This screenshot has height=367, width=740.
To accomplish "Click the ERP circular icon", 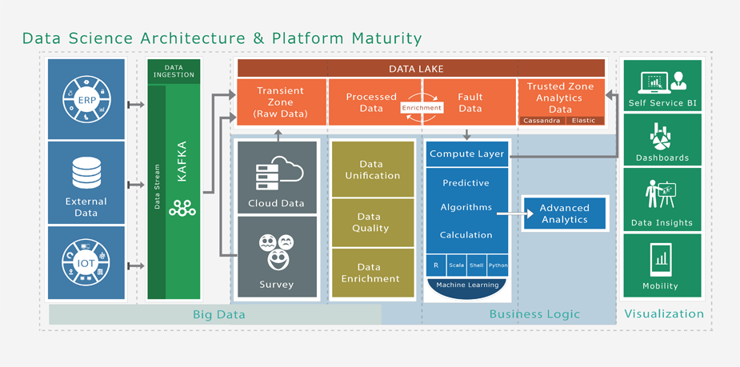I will pyautogui.click(x=86, y=99).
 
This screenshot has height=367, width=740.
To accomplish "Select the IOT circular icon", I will pyautogui.click(x=86, y=262).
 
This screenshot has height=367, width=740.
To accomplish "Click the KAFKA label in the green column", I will pyautogui.click(x=182, y=162).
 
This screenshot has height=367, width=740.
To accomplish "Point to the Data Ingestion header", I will pyautogui.click(x=174, y=70).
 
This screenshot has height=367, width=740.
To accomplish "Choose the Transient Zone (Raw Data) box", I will pyautogui.click(x=281, y=102).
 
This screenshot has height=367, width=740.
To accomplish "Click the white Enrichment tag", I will pyautogui.click(x=422, y=108).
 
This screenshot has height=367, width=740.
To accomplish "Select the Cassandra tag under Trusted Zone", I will pyautogui.click(x=542, y=121).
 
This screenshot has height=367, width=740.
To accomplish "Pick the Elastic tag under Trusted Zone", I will pyautogui.click(x=584, y=121).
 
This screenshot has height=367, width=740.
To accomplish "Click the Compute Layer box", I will pyautogui.click(x=467, y=154).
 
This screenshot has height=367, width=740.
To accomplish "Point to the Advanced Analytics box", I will pyautogui.click(x=564, y=213).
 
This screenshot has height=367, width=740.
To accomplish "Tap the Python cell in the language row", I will pyautogui.click(x=498, y=265).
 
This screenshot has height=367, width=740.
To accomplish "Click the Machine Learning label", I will pyautogui.click(x=467, y=285).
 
